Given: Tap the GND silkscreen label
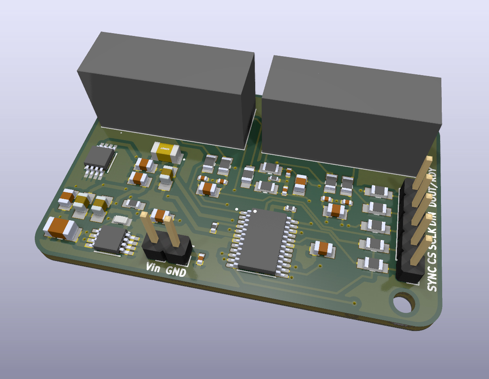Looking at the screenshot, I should click(176, 272).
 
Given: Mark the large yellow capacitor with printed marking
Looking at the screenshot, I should click(166, 151).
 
